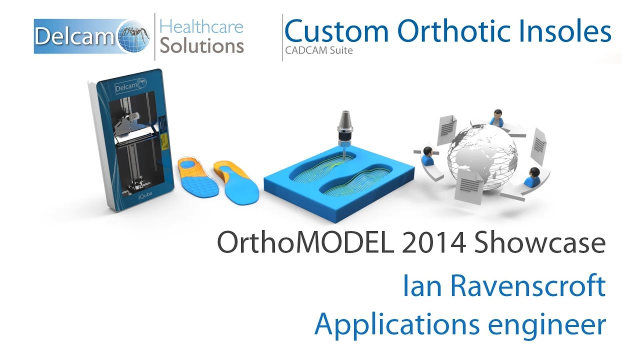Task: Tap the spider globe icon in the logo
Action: [x=134, y=36]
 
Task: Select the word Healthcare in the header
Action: [x=202, y=26]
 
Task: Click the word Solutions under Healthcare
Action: [x=202, y=45]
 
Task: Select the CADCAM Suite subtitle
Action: [x=319, y=50]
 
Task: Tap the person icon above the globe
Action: [x=496, y=118]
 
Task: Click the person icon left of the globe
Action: [x=427, y=155]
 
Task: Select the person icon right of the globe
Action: [x=533, y=175]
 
